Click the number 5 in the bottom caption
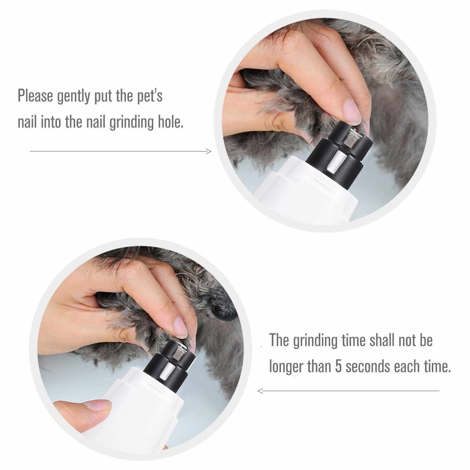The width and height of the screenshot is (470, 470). (x=339, y=366)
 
